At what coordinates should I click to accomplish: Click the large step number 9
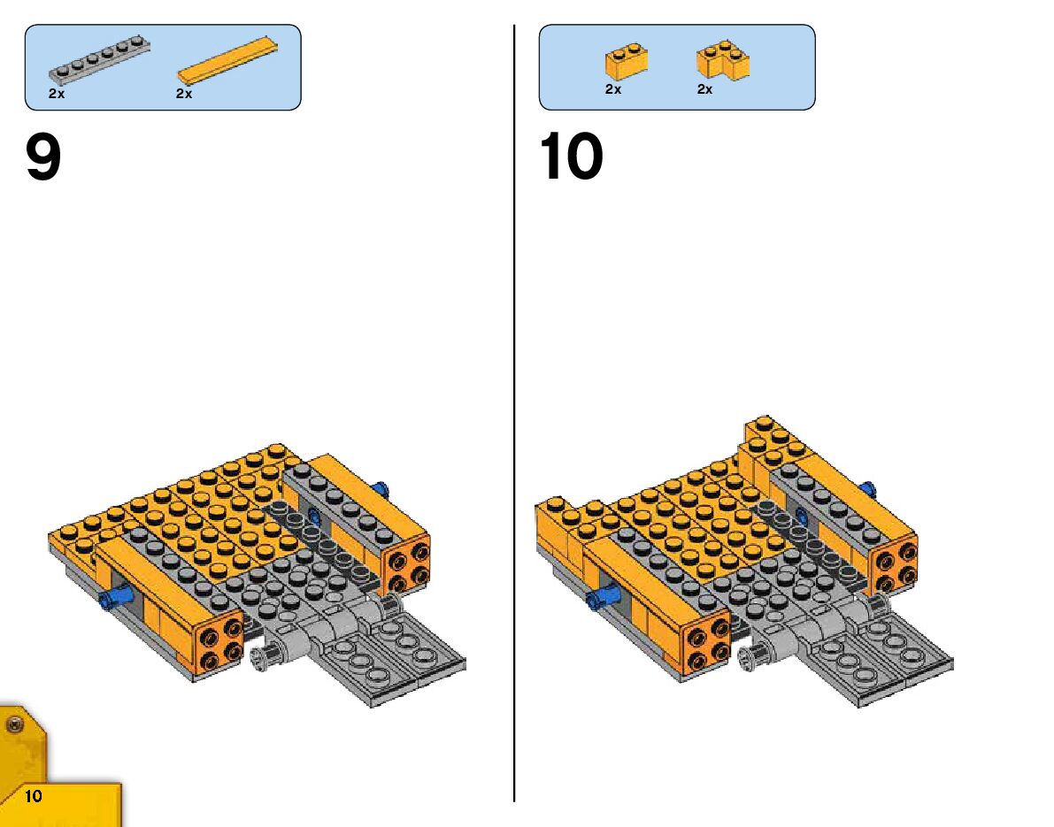pyautogui.click(x=43, y=158)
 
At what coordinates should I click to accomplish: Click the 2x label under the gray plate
pyautogui.click(x=57, y=93)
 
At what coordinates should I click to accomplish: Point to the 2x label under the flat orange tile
pyautogui.click(x=184, y=93)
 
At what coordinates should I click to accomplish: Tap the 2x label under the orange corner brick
pyautogui.click(x=704, y=89)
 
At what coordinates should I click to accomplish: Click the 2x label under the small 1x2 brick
pyautogui.click(x=613, y=89)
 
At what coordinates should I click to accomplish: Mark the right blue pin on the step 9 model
pyautogui.click(x=382, y=489)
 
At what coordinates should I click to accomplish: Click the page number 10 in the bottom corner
pyautogui.click(x=34, y=796)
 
